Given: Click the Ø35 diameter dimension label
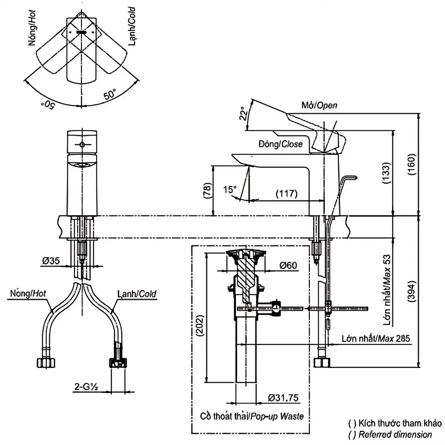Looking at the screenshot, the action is [x=51, y=260].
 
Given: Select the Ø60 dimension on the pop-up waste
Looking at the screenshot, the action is [x=288, y=266].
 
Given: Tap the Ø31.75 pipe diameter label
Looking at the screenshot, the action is [x=283, y=398].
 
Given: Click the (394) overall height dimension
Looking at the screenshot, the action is [x=412, y=291].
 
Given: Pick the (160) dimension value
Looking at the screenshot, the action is [x=412, y=164].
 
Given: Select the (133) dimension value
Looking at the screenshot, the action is [x=387, y=173].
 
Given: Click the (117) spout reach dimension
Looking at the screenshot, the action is [x=287, y=194].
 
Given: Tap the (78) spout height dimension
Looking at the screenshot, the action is [x=208, y=190].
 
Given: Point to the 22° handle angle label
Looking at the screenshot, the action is [x=243, y=114].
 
